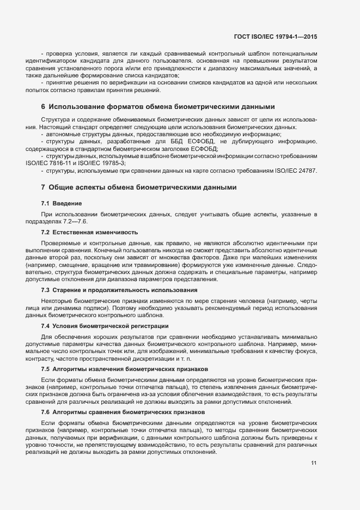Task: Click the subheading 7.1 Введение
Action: (60, 203)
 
